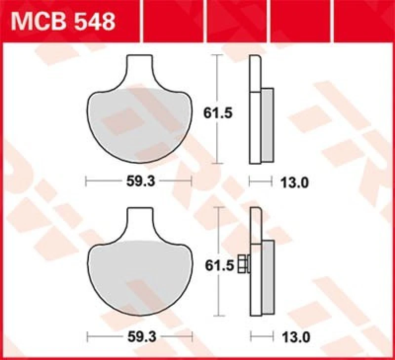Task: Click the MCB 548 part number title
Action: click(x=63, y=22)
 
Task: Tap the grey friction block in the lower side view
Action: click(x=267, y=279)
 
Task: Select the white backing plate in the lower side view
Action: click(x=256, y=281)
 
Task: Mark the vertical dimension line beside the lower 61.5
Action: click(x=218, y=296)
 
